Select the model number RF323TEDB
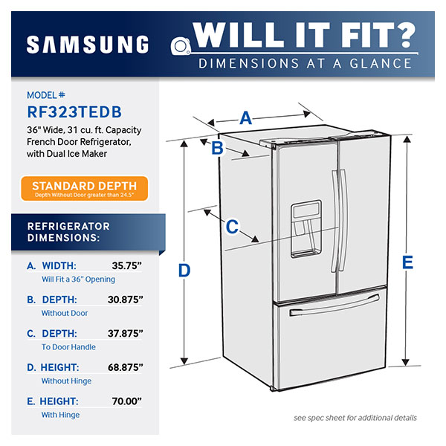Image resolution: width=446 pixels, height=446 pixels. [x=74, y=111]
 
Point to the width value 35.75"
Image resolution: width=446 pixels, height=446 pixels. [x=127, y=265]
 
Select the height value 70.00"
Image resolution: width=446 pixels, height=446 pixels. [x=127, y=401]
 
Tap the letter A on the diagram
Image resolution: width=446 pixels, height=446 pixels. [x=246, y=117]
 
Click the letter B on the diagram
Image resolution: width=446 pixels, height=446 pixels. [x=217, y=149]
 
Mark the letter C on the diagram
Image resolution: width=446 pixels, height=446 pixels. [x=232, y=225]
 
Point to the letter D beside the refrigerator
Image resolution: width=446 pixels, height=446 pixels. [x=184, y=271]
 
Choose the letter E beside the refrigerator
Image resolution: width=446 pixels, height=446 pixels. [x=407, y=262]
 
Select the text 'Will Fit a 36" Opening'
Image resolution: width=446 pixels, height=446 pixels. [x=78, y=279]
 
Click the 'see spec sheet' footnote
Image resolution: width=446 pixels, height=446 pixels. [x=355, y=418]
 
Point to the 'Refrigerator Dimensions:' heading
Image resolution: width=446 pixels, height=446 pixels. [x=68, y=232]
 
